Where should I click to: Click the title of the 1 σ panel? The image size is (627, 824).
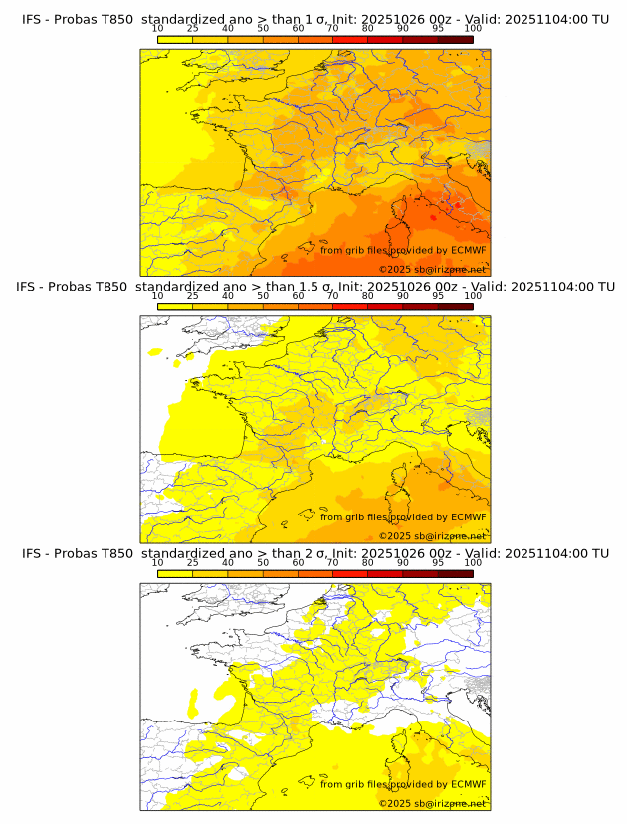coord(314,19)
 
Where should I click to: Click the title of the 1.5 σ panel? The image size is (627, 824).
coord(314,287)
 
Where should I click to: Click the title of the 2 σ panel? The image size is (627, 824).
coord(314,553)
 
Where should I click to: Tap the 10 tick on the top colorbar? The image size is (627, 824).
coord(158,28)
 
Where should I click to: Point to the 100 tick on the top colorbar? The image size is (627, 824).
coord(473,28)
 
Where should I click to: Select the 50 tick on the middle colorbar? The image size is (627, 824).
coord(263,296)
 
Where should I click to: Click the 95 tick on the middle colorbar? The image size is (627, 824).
coord(438,296)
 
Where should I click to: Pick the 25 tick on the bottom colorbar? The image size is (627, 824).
coord(193,562)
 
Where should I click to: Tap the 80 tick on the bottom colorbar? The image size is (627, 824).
coord(368,562)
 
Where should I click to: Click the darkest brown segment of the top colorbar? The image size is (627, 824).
coord(455,39)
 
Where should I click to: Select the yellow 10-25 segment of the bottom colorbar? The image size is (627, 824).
coord(175,573)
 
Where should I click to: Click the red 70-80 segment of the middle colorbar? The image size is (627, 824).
coord(350,307)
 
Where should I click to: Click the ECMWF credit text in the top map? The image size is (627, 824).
coord(403,250)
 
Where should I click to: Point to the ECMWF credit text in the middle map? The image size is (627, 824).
coord(403,516)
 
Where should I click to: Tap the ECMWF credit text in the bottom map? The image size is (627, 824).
coord(403,784)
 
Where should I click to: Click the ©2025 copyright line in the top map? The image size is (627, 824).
coord(432,269)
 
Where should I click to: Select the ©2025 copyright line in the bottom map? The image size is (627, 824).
coord(432,803)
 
